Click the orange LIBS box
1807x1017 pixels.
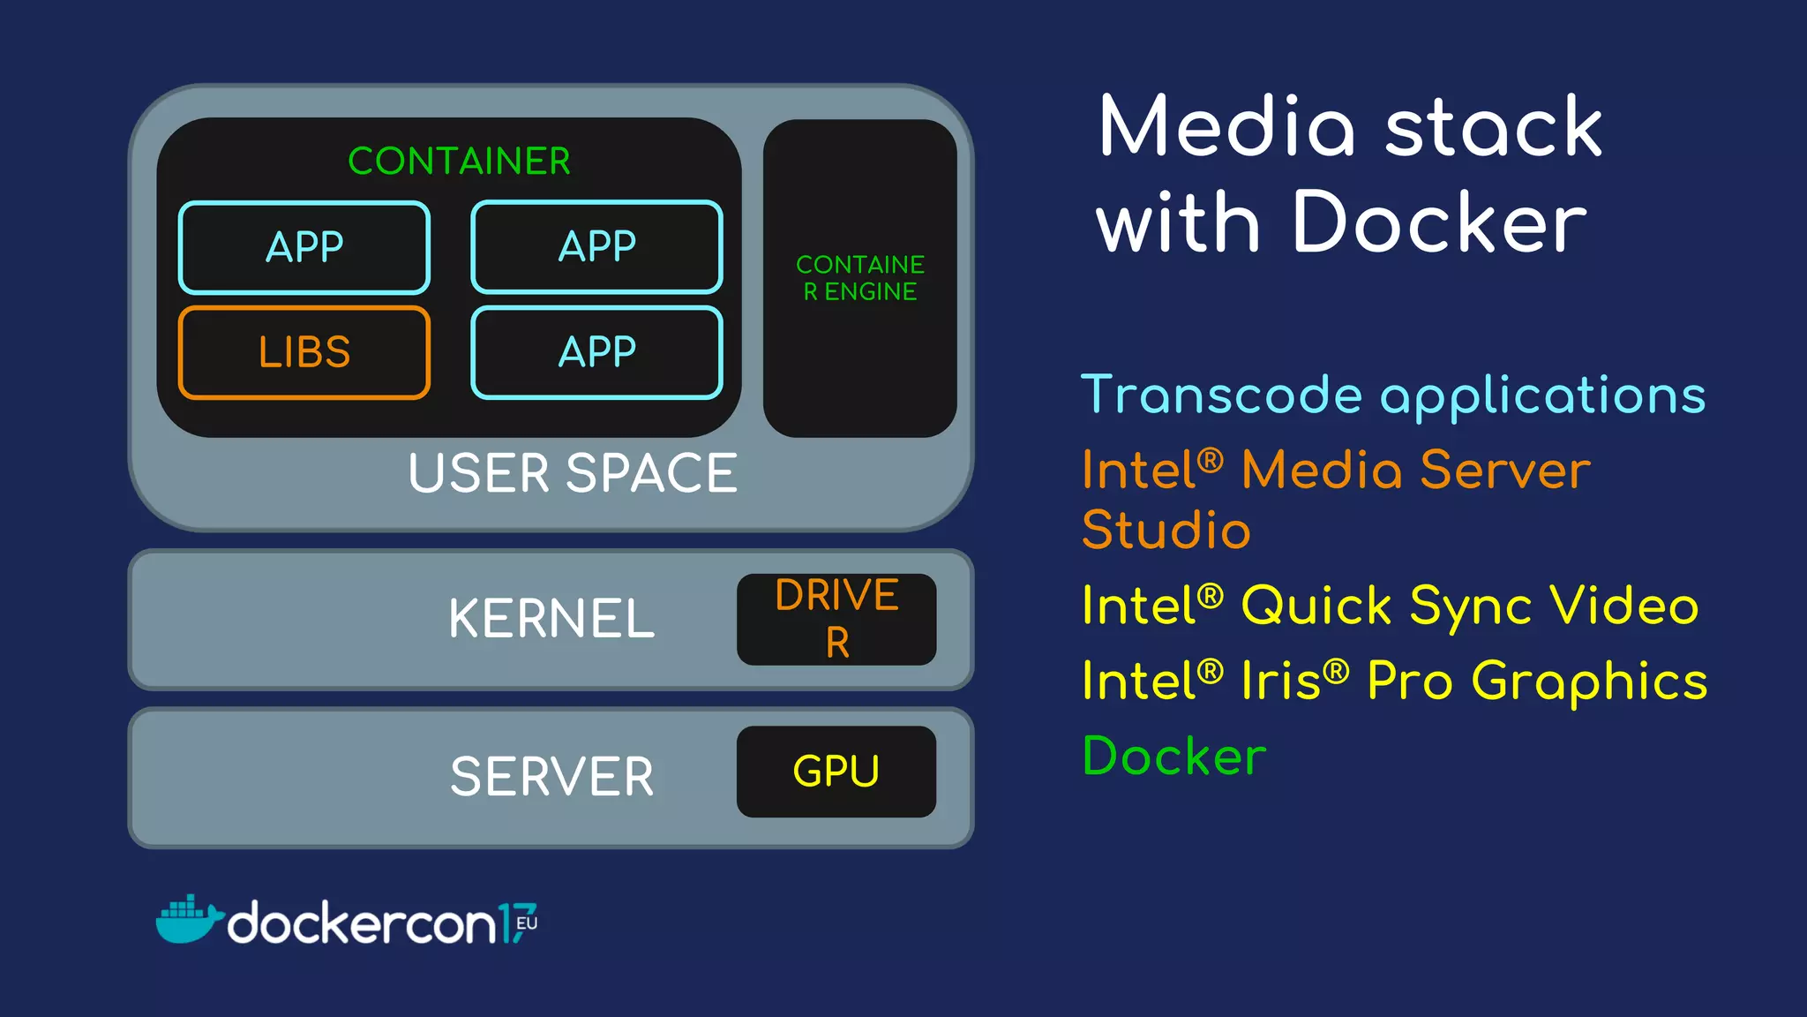tap(304, 352)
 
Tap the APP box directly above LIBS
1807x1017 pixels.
tap(304, 247)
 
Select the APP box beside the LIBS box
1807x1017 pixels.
tap(596, 352)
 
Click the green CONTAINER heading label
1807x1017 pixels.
tap(459, 162)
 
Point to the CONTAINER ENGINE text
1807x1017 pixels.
tap(860, 278)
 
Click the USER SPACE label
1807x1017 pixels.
tap(572, 473)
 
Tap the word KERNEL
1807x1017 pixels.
tap(551, 618)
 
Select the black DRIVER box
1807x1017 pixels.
tap(836, 619)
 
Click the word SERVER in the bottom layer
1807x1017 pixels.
tap(552, 777)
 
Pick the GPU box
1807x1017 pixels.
tap(836, 772)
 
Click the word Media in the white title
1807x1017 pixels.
tap(1226, 128)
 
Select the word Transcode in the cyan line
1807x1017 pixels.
tap(1222, 395)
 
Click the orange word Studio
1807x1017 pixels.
tap(1166, 530)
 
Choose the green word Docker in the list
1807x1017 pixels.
tap(1174, 757)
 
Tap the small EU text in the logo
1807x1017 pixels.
tap(527, 923)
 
